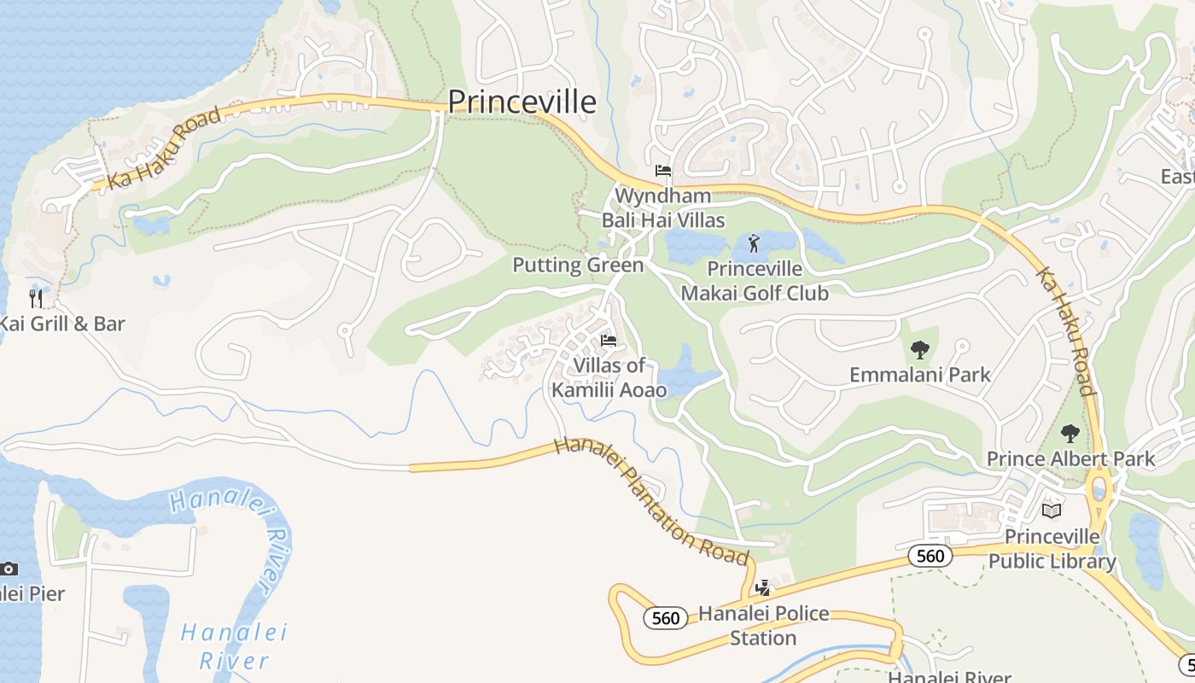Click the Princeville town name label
coord(522,102)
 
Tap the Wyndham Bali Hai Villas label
coord(663,208)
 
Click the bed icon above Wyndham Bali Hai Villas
coord(663,171)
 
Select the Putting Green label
coord(578,266)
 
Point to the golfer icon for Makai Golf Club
coord(753,245)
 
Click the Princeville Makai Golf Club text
coord(755,281)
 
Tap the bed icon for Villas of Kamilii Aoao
coord(609,341)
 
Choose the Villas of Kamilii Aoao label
coord(609,378)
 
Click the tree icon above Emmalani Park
coord(919,348)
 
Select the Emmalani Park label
coord(920,375)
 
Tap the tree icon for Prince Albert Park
coord(1070,434)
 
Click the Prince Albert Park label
coord(1070,459)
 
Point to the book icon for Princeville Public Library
coord(1052,511)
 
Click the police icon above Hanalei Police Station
coord(763,587)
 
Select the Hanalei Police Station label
coord(763,626)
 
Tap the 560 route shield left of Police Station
coord(665,618)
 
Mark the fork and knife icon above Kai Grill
coord(36,298)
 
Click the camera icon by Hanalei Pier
coord(9,569)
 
